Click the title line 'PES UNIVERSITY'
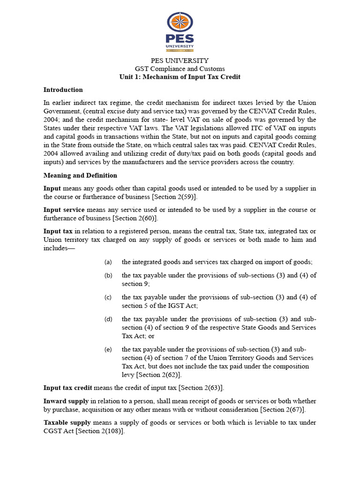click(180, 60)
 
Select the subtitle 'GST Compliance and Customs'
click(180, 68)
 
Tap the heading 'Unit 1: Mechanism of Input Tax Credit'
click(180, 76)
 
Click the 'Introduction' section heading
click(63, 90)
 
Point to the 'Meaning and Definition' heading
click(80, 175)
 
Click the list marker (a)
click(108, 262)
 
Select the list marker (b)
click(108, 275)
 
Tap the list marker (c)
click(108, 297)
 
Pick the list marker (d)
click(108, 319)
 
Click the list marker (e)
click(108, 349)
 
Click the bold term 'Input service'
click(64, 209)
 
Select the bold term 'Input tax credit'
click(68, 388)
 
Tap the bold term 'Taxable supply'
click(67, 423)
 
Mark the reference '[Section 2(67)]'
click(283, 410)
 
